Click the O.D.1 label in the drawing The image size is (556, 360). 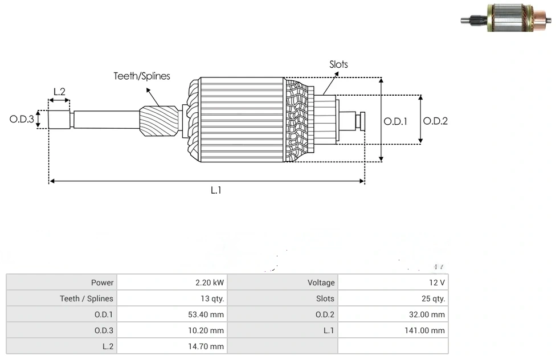click(x=395, y=121)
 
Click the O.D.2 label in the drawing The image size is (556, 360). click(x=435, y=121)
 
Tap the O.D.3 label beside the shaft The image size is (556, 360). click(x=22, y=120)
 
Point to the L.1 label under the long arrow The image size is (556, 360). click(x=215, y=191)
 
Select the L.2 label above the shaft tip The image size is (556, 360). click(x=59, y=91)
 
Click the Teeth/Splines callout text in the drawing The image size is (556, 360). click(x=142, y=76)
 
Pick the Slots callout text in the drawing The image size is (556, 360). click(x=338, y=64)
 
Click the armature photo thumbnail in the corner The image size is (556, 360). click(x=506, y=18)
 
